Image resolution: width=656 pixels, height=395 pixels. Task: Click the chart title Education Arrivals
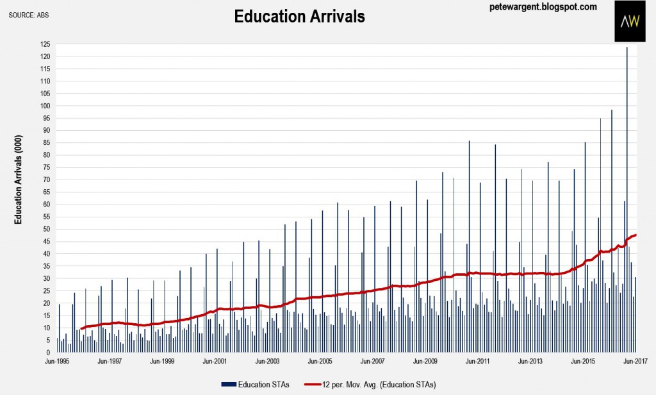coord(299,17)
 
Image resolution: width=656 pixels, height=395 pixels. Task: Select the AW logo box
coord(631,22)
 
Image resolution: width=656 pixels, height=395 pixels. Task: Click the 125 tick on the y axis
coord(45,44)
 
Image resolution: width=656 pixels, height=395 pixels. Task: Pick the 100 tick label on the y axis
coord(45,106)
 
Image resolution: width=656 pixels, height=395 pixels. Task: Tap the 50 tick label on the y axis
coord(47,229)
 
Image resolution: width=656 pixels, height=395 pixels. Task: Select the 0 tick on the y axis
coord(49,352)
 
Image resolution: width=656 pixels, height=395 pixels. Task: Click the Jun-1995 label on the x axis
coord(58,361)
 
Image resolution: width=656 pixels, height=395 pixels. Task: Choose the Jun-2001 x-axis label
coord(215,361)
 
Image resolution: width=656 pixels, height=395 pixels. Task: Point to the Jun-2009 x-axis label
coord(425,361)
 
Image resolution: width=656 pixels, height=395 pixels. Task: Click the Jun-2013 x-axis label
coord(530,361)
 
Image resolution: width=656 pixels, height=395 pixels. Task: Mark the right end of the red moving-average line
coord(635,235)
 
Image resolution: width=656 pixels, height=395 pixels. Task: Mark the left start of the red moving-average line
coord(81,328)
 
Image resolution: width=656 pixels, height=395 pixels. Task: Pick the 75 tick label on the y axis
coord(47,167)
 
